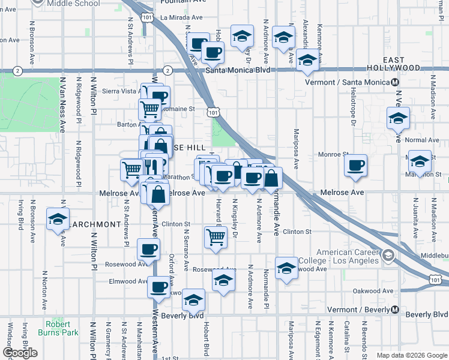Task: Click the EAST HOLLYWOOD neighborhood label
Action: [402, 64]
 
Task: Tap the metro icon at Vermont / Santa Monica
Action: [395, 82]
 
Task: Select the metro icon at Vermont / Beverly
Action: [395, 310]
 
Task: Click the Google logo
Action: [20, 353]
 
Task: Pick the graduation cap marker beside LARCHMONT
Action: [58, 218]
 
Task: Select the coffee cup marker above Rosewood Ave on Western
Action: [148, 249]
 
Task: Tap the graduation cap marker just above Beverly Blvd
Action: [193, 299]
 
